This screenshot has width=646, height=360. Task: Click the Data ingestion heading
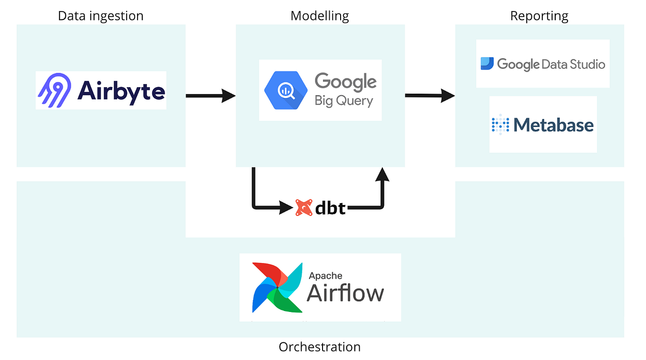[x=100, y=16]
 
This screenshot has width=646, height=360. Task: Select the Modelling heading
[x=320, y=16]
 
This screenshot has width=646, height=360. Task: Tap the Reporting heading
[x=539, y=16]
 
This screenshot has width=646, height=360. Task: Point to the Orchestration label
[x=320, y=347]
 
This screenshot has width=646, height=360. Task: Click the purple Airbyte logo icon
[x=54, y=90]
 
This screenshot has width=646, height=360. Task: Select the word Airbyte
[x=121, y=91]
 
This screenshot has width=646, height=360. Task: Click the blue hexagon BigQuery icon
[x=286, y=90]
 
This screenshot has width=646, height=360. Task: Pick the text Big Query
[x=343, y=101]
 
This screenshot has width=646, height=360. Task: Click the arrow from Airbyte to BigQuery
[x=210, y=96]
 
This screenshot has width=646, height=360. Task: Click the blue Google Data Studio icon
[x=487, y=64]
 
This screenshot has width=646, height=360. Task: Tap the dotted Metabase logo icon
[x=500, y=125]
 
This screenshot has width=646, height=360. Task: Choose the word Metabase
[x=554, y=125]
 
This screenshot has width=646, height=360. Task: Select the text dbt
[x=330, y=208]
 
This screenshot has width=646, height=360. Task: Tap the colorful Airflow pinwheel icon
[x=277, y=287]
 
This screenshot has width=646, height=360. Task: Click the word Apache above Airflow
[x=325, y=275]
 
